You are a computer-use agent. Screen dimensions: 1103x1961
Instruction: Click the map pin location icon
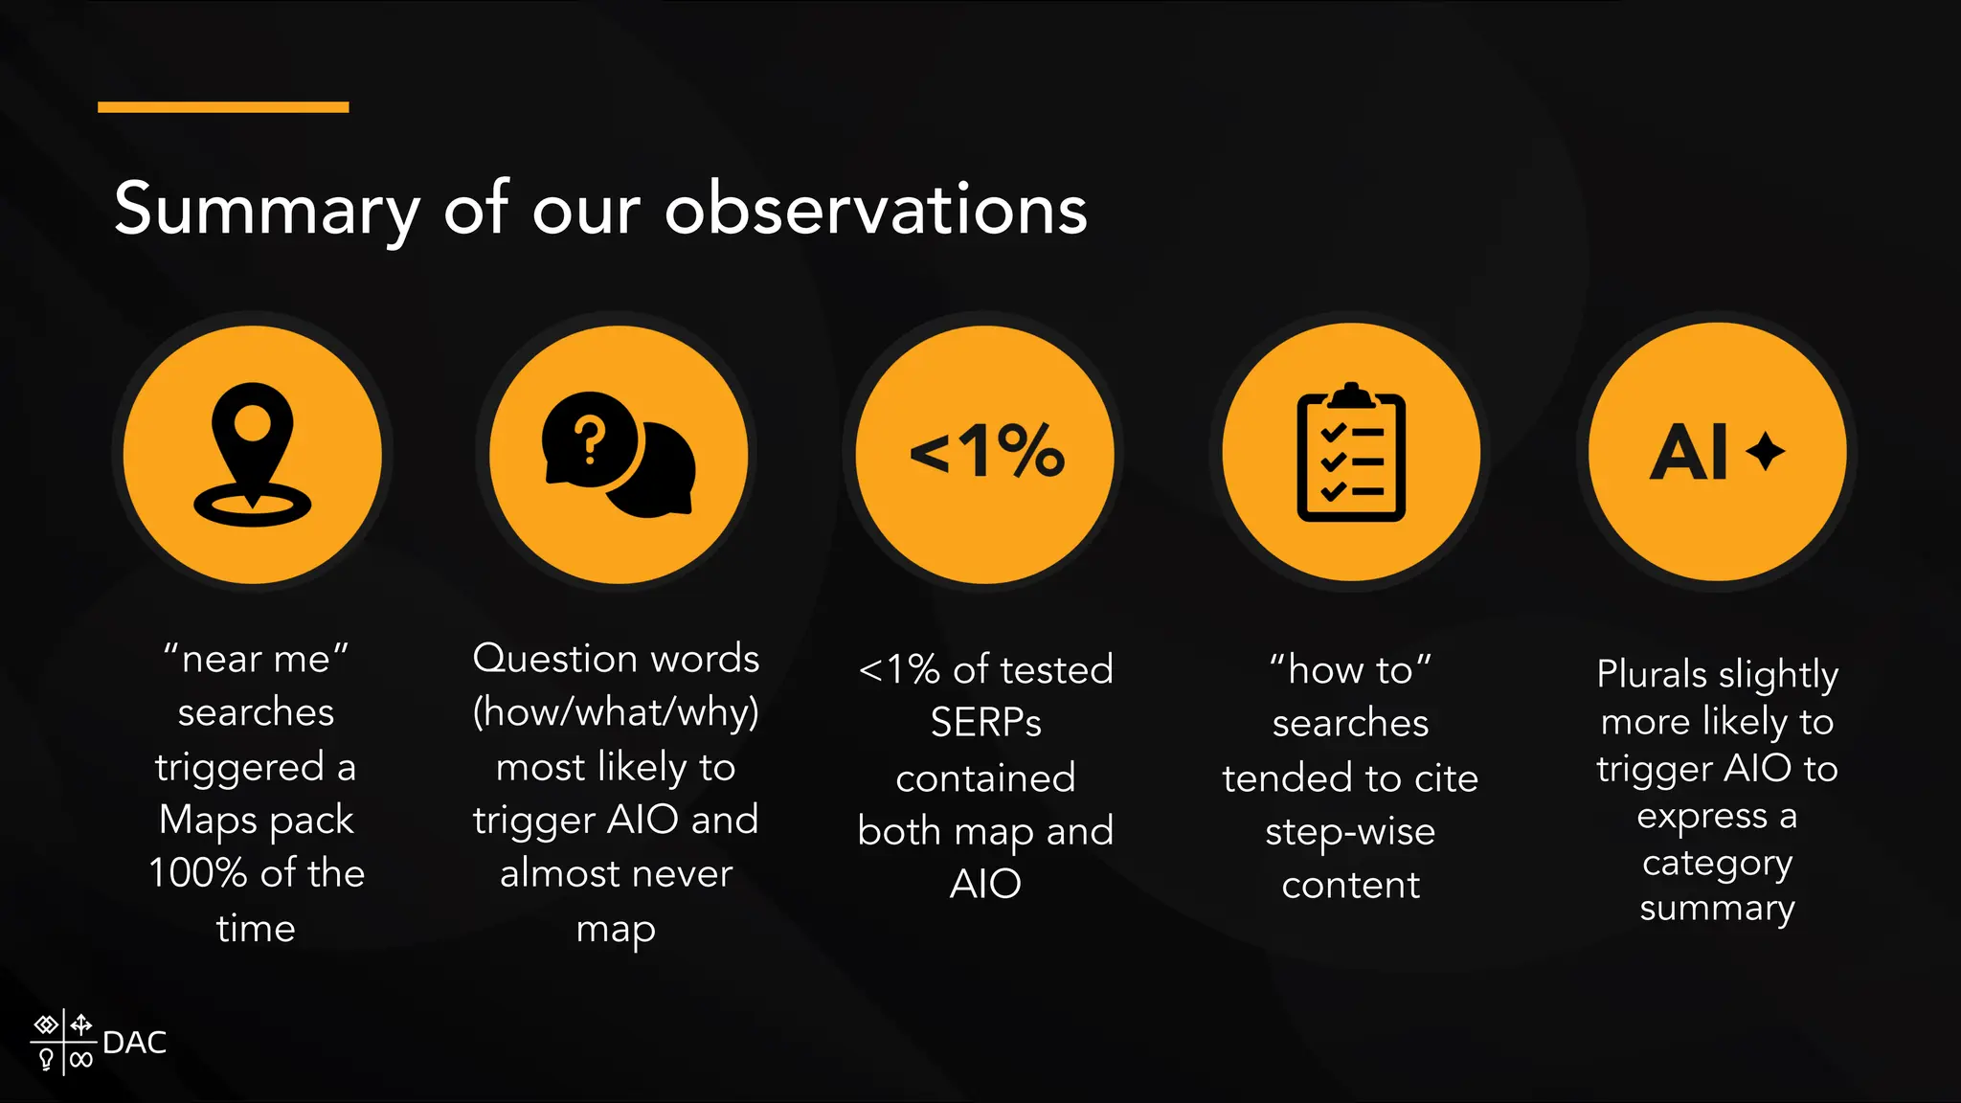253,454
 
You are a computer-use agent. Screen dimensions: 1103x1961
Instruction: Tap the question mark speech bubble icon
619,454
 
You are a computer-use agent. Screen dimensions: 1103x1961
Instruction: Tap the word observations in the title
875,209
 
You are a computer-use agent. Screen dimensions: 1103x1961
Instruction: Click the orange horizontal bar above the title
223,107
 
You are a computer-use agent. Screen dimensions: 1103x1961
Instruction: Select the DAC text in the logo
134,1042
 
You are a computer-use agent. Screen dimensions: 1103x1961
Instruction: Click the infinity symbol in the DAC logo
81,1059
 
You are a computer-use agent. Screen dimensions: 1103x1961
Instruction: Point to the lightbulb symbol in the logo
46,1059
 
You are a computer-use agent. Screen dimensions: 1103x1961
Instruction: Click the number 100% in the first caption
198,873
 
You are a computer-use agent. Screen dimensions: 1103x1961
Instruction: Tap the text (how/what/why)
616,712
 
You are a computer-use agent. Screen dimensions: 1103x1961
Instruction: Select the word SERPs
985,723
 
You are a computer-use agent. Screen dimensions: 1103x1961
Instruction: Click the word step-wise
1350,832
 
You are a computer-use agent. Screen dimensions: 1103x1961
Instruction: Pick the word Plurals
1652,674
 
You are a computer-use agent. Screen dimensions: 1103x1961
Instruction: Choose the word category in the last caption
1717,864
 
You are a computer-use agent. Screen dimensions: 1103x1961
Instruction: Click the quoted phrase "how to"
1350,669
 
